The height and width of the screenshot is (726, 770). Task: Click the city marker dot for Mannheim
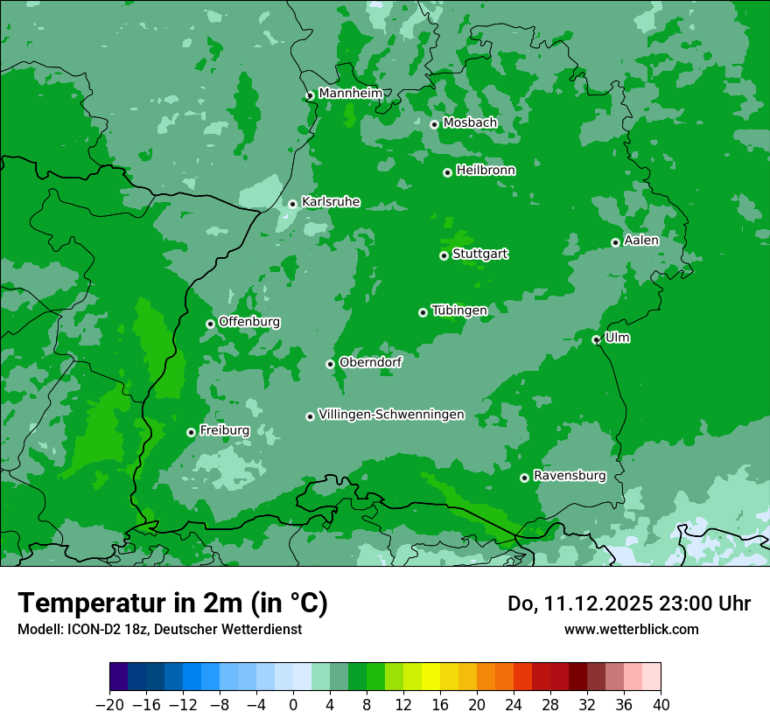(310, 96)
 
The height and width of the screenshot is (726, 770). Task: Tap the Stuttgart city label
(479, 255)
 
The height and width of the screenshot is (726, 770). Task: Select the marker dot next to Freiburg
(191, 432)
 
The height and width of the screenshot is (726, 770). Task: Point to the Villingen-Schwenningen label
(391, 415)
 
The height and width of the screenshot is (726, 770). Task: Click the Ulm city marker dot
(597, 339)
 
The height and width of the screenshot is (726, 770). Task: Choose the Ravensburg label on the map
(569, 476)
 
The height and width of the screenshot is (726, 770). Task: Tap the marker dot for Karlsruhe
(293, 205)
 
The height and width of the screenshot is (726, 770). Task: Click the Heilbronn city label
(486, 171)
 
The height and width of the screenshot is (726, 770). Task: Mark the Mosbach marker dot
(434, 124)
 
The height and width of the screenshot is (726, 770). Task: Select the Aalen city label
(641, 241)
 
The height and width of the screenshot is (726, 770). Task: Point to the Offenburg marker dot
(210, 324)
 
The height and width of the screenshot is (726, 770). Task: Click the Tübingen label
(459, 311)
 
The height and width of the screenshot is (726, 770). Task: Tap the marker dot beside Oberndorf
(331, 364)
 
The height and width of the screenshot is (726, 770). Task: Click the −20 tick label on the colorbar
(109, 705)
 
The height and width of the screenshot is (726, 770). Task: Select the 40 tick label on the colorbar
(661, 705)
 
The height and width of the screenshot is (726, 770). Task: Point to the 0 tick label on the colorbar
(293, 705)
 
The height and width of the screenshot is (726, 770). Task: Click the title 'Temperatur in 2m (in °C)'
(172, 603)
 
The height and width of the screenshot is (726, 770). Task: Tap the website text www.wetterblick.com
(631, 629)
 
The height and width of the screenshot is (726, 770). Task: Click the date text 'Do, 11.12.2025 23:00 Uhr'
(628, 604)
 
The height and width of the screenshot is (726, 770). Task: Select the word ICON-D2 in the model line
(94, 629)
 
